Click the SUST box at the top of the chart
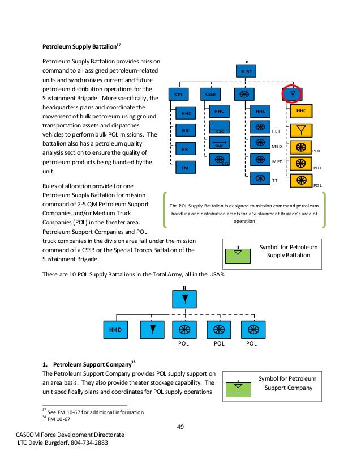click(x=246, y=72)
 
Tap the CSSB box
click(x=210, y=94)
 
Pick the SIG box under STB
click(x=184, y=131)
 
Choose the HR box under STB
click(x=184, y=150)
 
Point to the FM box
click(x=184, y=168)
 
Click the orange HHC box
click(x=301, y=111)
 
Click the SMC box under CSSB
click(x=219, y=144)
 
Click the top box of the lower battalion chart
click(x=184, y=299)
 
